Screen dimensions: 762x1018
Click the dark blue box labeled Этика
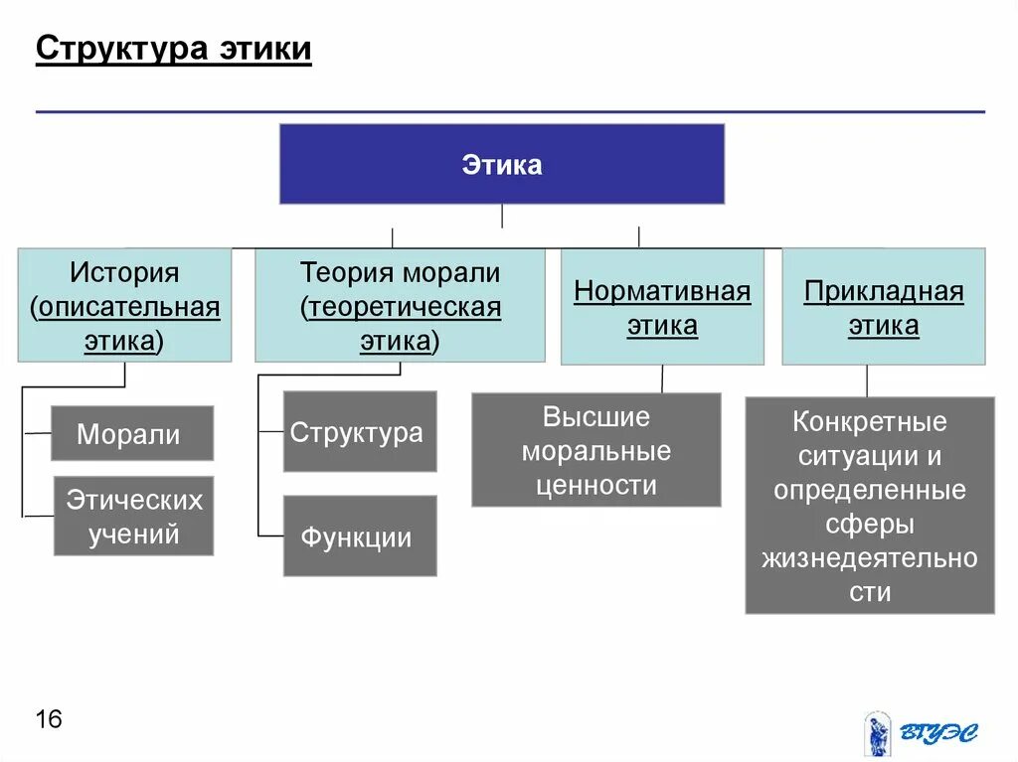pos(502,164)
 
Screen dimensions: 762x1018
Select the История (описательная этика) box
pos(125,305)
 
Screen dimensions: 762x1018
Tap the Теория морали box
pos(400,305)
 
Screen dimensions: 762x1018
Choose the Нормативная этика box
pos(662,307)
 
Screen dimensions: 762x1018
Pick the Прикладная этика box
pos(884,307)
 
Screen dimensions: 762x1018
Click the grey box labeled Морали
pos(131,433)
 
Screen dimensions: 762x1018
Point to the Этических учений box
pos(133,516)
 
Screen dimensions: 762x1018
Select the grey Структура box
pos(360,432)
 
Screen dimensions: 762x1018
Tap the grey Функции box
pos(360,536)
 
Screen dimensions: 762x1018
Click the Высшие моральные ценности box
pos(595,450)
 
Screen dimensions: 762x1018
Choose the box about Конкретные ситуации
pos(870,506)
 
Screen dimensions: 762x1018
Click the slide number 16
pos(48,718)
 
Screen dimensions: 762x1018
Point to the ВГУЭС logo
pos(920,733)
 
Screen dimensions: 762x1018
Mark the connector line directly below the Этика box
pos(502,218)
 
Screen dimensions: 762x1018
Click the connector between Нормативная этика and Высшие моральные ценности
pos(662,379)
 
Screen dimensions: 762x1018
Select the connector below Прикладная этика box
pos(867,381)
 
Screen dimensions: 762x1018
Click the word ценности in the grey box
pos(596,486)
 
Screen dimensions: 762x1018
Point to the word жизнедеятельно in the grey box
pos(870,558)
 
